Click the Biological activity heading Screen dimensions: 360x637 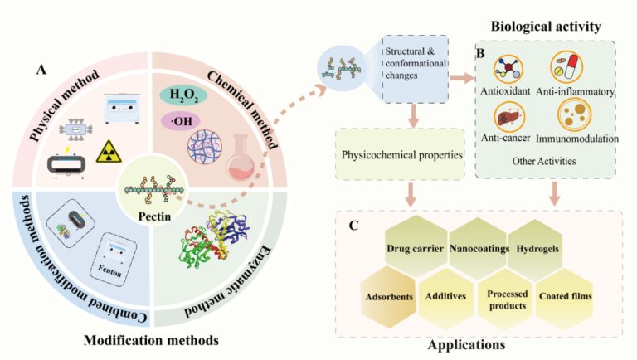[547, 27]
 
